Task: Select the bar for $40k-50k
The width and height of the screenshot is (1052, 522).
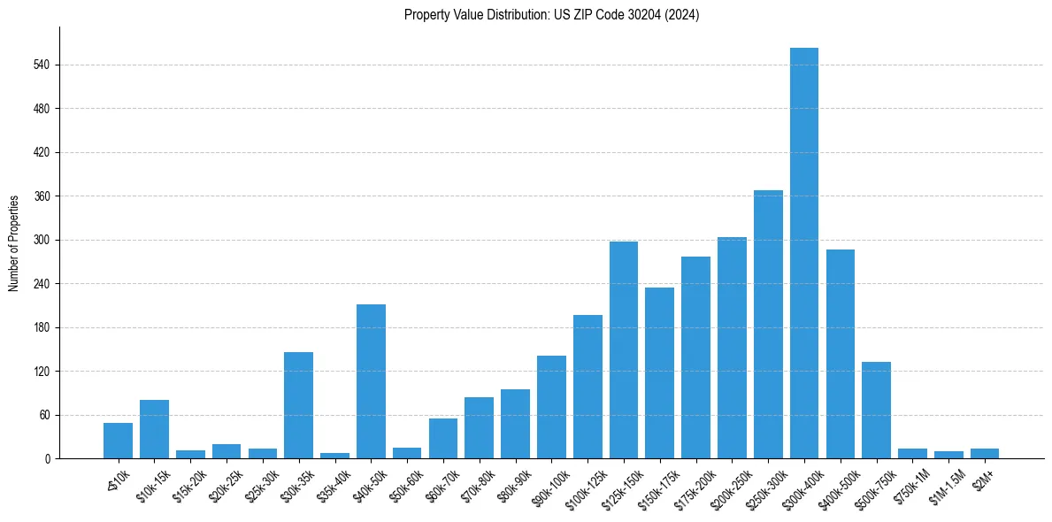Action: point(371,381)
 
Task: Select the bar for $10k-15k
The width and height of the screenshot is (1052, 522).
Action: point(154,429)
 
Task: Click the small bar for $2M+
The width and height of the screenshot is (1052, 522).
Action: point(984,453)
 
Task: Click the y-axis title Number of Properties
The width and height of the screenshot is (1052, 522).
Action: point(14,243)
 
